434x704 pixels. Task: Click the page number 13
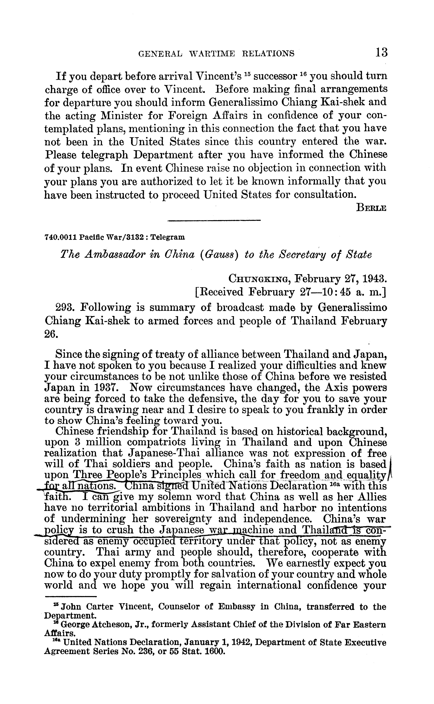[x=381, y=53]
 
